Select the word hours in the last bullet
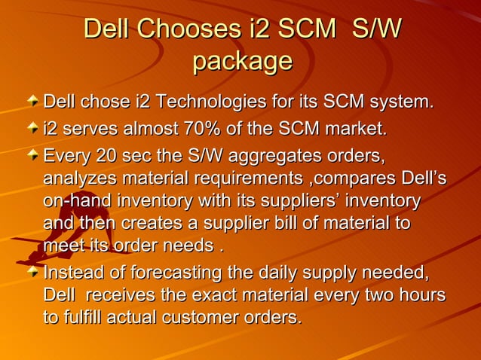click(418, 295)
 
